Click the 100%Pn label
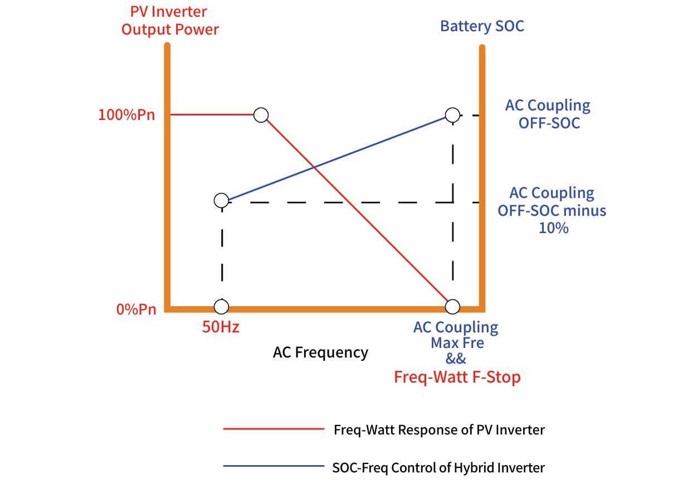click(x=126, y=115)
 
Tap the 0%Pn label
click(x=136, y=310)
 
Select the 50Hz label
click(x=221, y=327)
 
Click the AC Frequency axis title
click(x=320, y=352)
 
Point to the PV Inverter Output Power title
click(x=170, y=21)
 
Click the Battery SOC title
click(x=482, y=26)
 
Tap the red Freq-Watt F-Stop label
click(x=457, y=377)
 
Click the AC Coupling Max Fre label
click(x=456, y=335)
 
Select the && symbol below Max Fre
click(x=456, y=359)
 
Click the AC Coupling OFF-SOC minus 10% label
click(x=552, y=210)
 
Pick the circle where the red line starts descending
click(x=261, y=115)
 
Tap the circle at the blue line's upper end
click(x=452, y=115)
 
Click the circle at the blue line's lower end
click(x=221, y=201)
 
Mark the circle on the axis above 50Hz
click(x=221, y=307)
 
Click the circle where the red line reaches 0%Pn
click(x=452, y=307)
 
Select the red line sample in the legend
click(x=273, y=429)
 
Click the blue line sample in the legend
click(x=273, y=466)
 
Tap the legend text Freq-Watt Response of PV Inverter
click(x=439, y=430)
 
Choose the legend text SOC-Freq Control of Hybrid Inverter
click(x=438, y=467)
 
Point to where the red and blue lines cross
click(x=314, y=168)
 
